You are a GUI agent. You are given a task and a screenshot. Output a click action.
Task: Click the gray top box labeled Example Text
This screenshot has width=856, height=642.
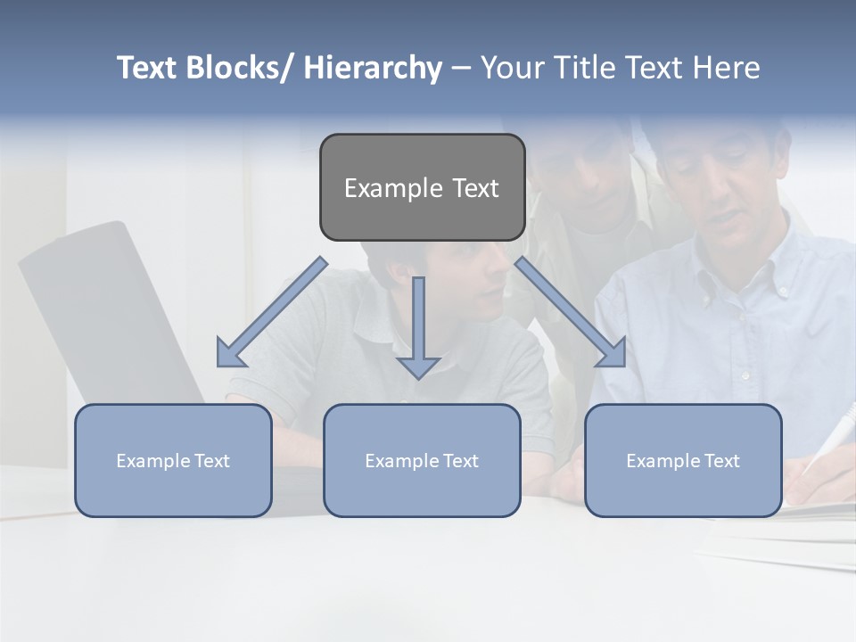point(422,188)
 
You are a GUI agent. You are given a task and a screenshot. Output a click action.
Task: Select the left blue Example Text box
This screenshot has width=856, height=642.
point(173,461)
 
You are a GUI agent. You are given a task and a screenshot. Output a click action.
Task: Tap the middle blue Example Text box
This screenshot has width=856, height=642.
point(422,461)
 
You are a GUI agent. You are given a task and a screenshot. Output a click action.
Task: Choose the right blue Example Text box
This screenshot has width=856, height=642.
point(683,461)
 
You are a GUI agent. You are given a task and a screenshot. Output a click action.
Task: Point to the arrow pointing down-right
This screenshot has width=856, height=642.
point(571,313)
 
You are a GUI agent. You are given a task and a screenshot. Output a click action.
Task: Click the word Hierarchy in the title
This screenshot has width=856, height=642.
point(373,68)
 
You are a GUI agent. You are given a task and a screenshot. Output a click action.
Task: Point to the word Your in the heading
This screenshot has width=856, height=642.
point(510,68)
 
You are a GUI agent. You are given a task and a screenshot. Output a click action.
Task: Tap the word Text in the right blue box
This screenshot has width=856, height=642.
point(721,461)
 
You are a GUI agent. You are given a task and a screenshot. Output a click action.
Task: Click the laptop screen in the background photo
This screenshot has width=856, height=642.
point(107,312)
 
